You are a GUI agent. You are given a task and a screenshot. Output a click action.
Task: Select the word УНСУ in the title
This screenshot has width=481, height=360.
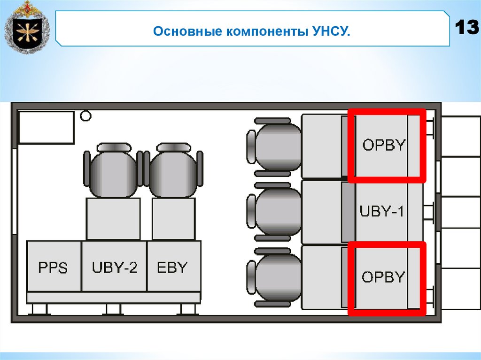pyautogui.click(x=331, y=33)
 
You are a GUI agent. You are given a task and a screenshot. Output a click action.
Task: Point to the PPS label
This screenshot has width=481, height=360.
pyautogui.click(x=53, y=268)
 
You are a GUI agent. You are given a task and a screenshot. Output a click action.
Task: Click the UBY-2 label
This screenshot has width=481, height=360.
pyautogui.click(x=115, y=268)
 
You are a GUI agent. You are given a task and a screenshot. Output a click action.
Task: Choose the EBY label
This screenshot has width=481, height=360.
pyautogui.click(x=173, y=268)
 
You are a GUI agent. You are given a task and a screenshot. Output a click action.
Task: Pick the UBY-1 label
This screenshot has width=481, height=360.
pyautogui.click(x=381, y=211)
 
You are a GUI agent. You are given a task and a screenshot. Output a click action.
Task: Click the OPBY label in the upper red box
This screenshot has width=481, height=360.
pyautogui.click(x=384, y=145)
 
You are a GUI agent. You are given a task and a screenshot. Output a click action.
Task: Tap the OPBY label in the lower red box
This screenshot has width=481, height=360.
pyautogui.click(x=383, y=277)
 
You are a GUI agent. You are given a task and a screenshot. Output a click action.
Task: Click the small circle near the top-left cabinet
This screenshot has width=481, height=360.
pyautogui.click(x=85, y=115)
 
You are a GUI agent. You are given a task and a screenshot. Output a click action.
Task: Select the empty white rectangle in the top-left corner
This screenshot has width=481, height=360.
pyautogui.click(x=46, y=127)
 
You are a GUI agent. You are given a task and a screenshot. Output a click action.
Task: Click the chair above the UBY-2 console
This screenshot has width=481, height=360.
pyautogui.click(x=113, y=171)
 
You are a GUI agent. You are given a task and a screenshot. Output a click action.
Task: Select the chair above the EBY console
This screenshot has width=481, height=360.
pyautogui.click(x=173, y=171)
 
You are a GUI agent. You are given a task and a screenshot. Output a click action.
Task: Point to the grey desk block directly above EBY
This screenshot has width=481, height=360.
pyautogui.click(x=173, y=219)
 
